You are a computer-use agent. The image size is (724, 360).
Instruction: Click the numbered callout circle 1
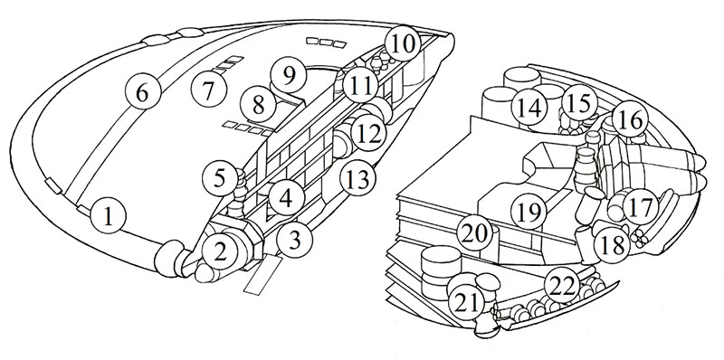coord(108,215)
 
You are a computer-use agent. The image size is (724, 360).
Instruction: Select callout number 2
coord(220,252)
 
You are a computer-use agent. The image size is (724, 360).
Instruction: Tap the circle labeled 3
coord(295,240)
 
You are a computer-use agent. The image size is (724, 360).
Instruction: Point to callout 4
coord(286,199)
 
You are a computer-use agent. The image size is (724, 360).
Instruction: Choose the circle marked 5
coord(220,178)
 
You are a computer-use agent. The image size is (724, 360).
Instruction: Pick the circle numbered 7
coord(209,90)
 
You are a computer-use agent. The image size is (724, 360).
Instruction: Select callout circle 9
coord(289,76)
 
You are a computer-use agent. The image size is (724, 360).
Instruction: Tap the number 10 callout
coord(403,44)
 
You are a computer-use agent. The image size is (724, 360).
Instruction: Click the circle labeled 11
coord(361,85)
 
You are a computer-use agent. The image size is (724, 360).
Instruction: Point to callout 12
coord(369,133)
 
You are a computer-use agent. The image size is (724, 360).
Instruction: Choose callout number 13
coord(357,179)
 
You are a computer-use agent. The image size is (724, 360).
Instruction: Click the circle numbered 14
coord(529,108)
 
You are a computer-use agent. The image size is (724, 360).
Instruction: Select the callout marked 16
coord(631,120)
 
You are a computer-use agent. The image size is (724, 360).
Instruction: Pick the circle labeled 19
coord(529,212)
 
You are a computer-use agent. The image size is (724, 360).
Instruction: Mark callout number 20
coord(474,234)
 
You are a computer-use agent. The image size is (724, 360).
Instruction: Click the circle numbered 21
coord(469,302)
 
